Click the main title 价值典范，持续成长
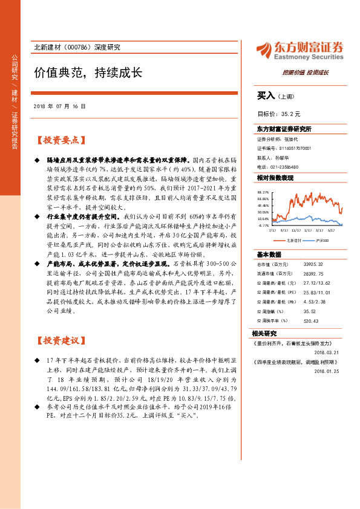coord(88,73)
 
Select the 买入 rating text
coord(266,96)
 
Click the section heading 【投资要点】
coord(58,140)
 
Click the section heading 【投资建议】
coord(58,340)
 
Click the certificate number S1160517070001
coord(293,148)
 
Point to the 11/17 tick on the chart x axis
coord(296,230)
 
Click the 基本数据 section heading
coord(269,254)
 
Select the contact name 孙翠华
coord(290,157)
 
